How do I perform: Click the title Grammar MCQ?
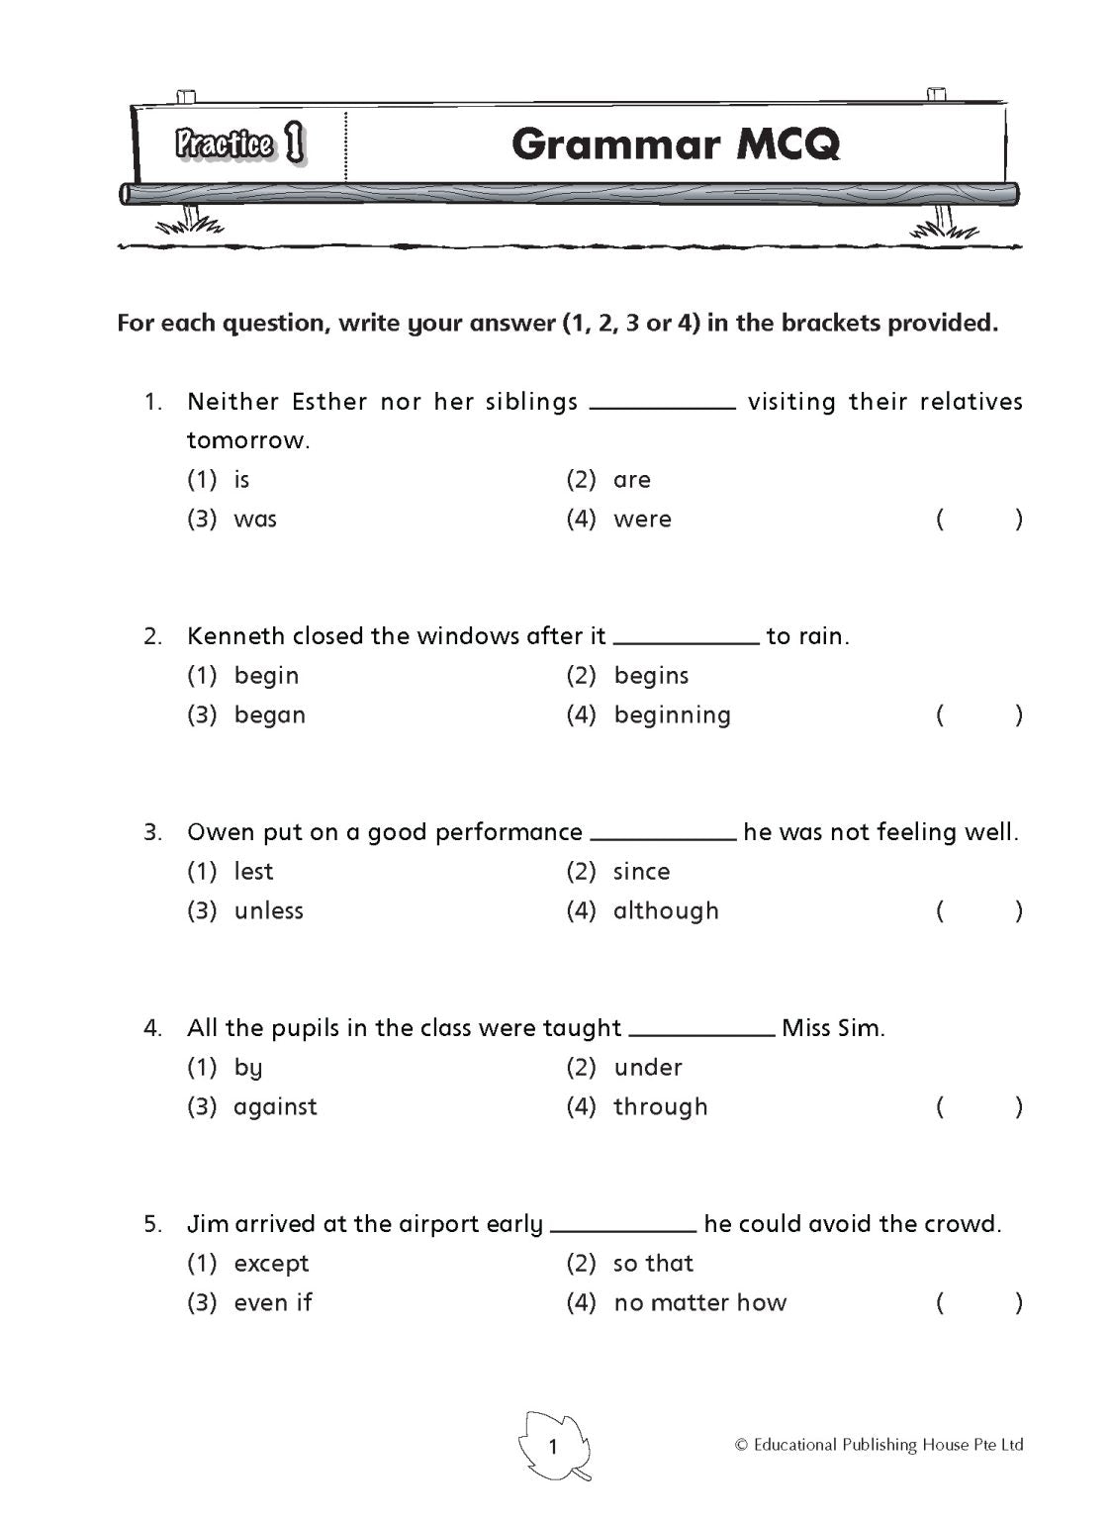click(676, 144)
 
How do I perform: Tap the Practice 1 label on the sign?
click(239, 144)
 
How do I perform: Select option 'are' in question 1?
click(631, 480)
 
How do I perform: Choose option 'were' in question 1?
click(642, 520)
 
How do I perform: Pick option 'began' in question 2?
click(269, 715)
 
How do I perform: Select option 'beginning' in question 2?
click(672, 715)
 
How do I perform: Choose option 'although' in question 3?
click(666, 911)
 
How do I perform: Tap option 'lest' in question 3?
click(253, 872)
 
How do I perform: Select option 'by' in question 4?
click(248, 1068)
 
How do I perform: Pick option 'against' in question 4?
click(275, 1107)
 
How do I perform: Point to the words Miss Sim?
click(833, 1028)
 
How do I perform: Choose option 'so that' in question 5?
click(653, 1264)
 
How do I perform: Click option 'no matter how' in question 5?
click(699, 1303)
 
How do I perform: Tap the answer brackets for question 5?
click(978, 1303)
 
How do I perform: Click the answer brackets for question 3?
click(978, 911)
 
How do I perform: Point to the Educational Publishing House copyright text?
click(879, 1446)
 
